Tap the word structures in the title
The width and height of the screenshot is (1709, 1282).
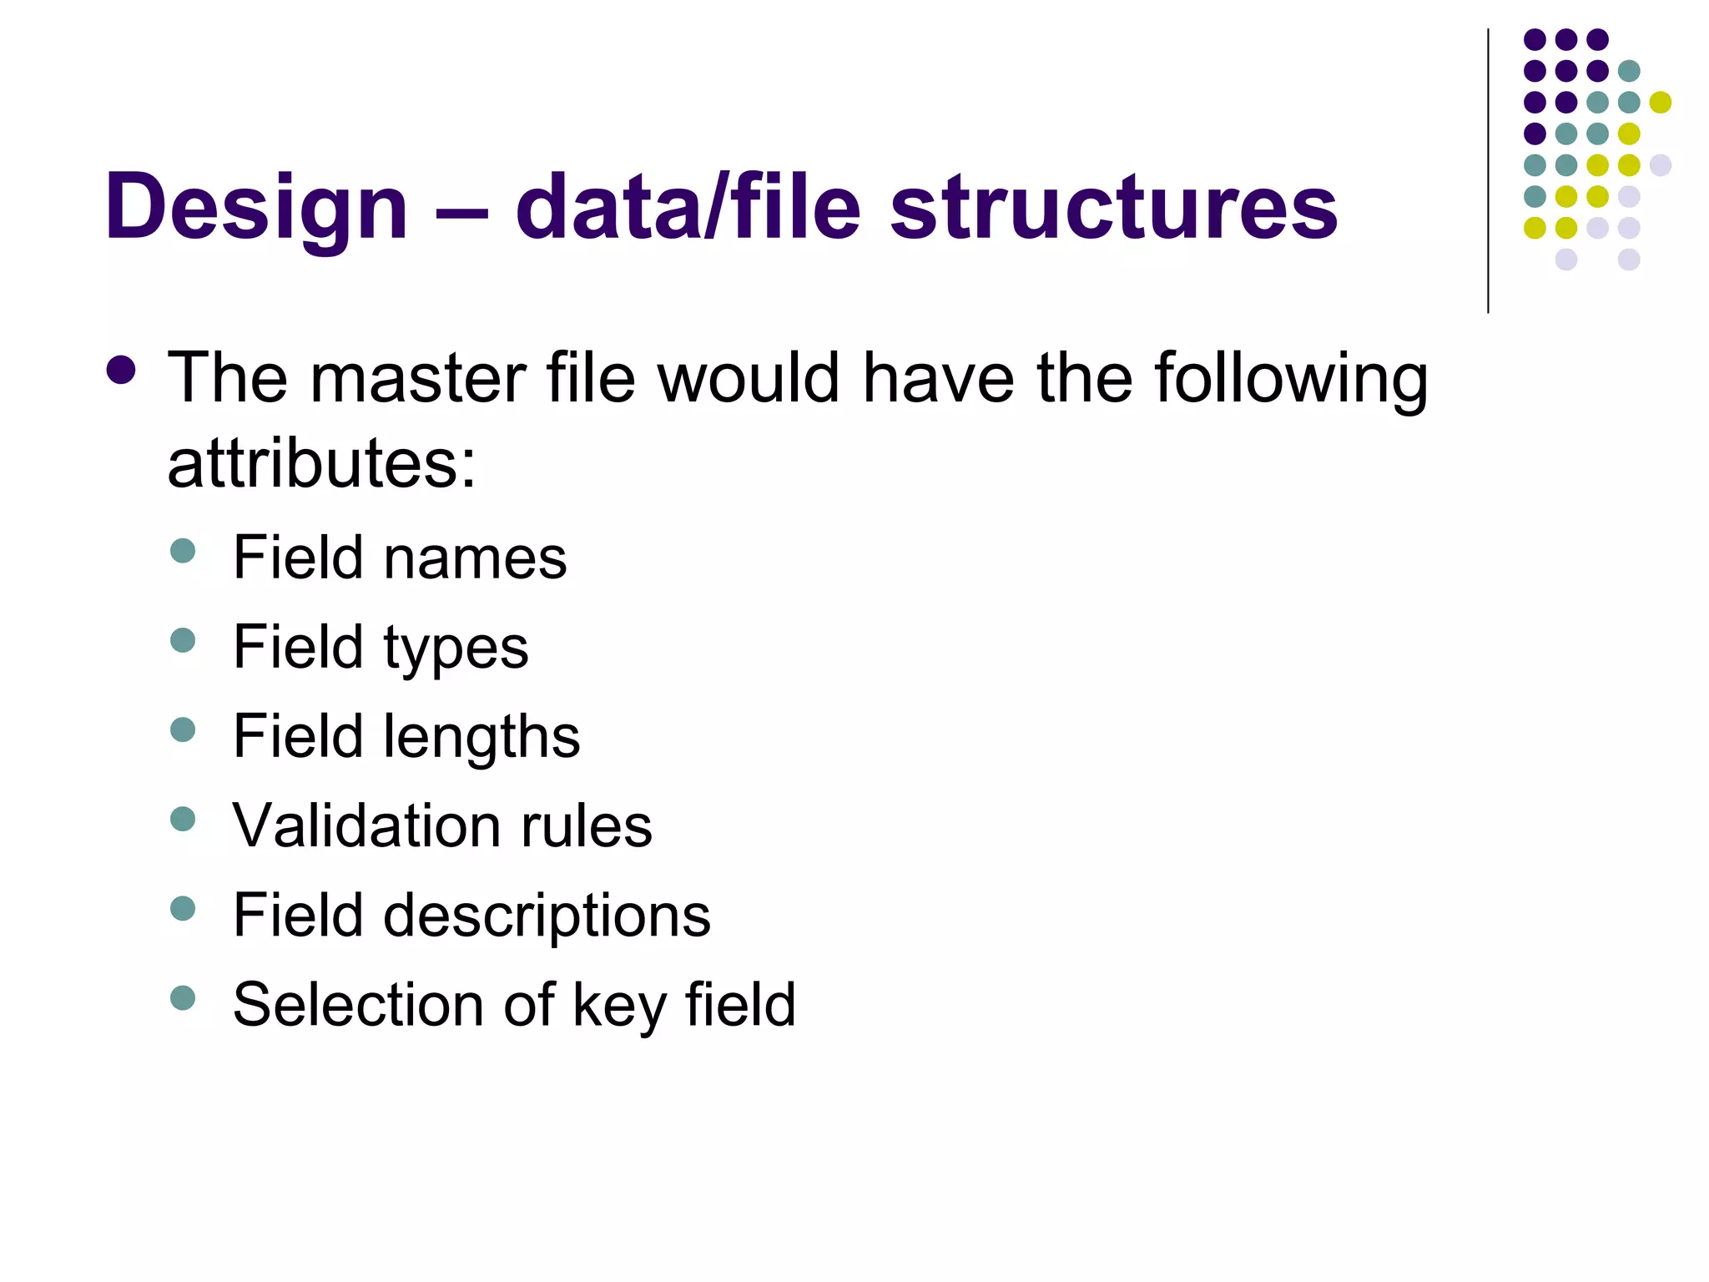[1113, 207]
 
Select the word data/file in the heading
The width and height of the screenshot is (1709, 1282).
[688, 207]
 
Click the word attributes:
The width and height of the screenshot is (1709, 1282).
[321, 464]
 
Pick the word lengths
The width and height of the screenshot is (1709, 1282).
[481, 737]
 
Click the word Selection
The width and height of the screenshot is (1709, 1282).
[356, 1004]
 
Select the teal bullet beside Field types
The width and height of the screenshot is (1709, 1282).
[182, 640]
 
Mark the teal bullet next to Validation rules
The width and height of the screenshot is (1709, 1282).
[182, 819]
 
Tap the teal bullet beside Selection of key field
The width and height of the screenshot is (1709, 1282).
[182, 997]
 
